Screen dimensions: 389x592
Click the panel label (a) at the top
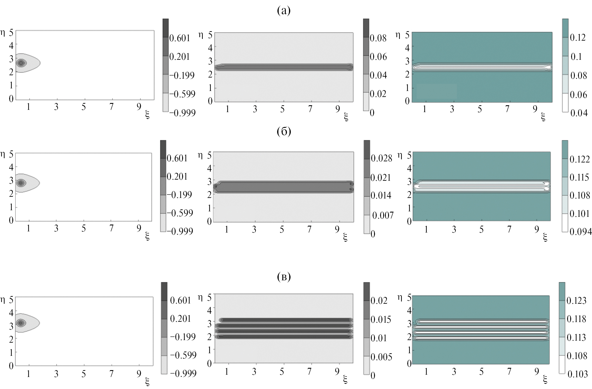pos(284,11)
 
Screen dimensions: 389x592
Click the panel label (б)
pos(284,131)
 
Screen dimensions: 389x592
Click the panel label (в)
pos(284,277)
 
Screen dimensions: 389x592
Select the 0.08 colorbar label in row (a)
pos(378,38)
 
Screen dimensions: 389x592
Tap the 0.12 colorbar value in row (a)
pos(578,38)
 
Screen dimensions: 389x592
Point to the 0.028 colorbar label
pos(381,158)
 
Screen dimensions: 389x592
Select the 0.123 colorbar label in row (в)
pos(576,300)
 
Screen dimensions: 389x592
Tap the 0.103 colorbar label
pos(577,374)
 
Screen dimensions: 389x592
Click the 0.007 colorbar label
pos(383,215)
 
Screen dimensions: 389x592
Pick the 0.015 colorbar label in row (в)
pos(381,319)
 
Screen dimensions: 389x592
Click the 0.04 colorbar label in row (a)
pos(579,113)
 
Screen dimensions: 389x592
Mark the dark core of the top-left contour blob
pos(21,63)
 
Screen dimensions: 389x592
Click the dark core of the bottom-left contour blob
pos(20,323)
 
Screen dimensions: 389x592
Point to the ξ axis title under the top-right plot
pos(543,117)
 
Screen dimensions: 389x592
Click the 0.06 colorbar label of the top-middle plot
pos(378,57)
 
